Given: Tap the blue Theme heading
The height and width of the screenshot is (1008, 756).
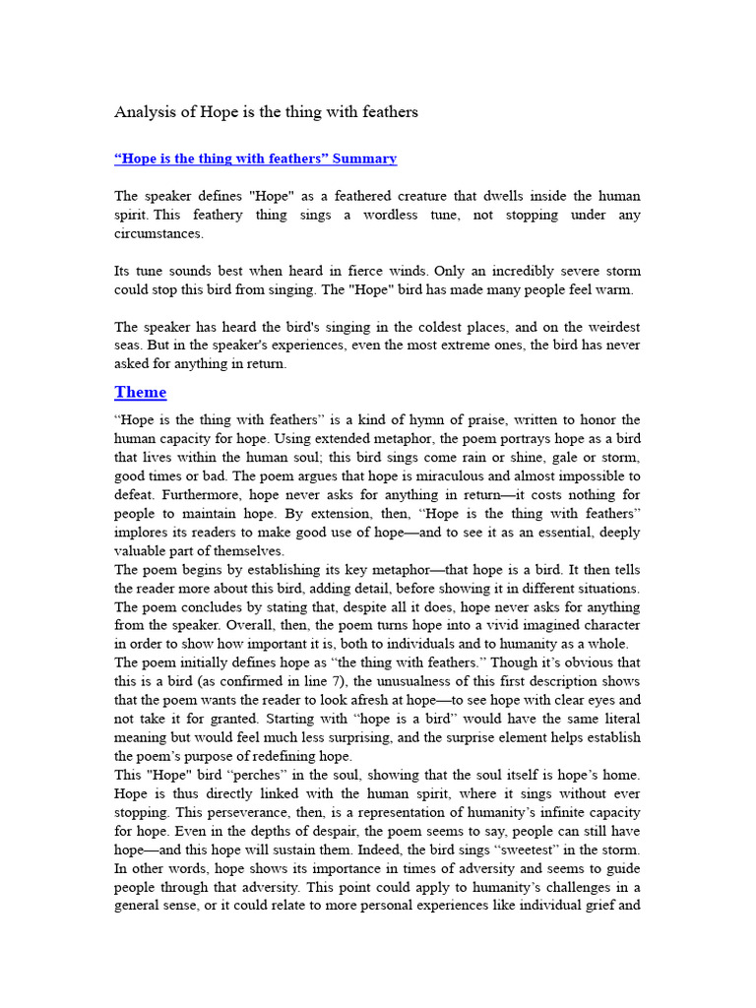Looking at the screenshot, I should [x=140, y=392].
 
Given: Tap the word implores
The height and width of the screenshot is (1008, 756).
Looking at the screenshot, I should [x=144, y=533].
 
